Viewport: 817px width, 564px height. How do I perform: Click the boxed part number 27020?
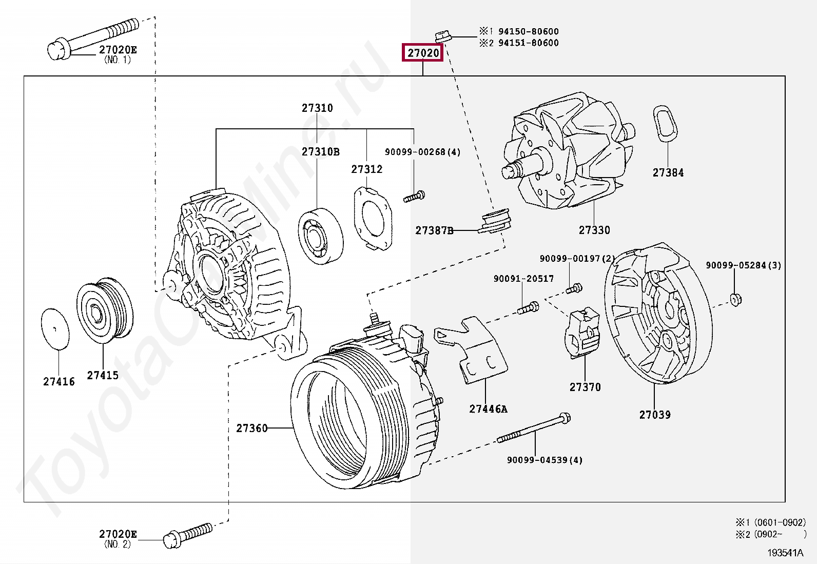423,53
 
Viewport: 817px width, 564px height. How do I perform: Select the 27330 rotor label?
594,230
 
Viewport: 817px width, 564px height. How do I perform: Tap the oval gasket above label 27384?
665,123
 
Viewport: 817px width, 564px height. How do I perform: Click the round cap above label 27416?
55,329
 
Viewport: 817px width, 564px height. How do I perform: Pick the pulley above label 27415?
105,310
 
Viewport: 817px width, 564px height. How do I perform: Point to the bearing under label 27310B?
320,236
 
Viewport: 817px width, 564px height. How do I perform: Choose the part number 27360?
252,428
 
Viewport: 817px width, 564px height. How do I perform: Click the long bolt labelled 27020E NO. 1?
95,36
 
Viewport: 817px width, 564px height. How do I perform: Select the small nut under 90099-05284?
735,299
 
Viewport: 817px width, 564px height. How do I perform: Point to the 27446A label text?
488,409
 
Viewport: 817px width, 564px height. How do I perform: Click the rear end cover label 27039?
655,415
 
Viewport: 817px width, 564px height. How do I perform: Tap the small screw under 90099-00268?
414,196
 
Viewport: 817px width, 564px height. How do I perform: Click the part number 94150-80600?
528,31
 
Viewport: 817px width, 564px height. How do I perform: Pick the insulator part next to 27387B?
495,221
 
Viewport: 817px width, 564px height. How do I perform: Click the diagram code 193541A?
785,553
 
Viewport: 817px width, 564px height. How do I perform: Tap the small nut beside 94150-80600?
442,37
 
